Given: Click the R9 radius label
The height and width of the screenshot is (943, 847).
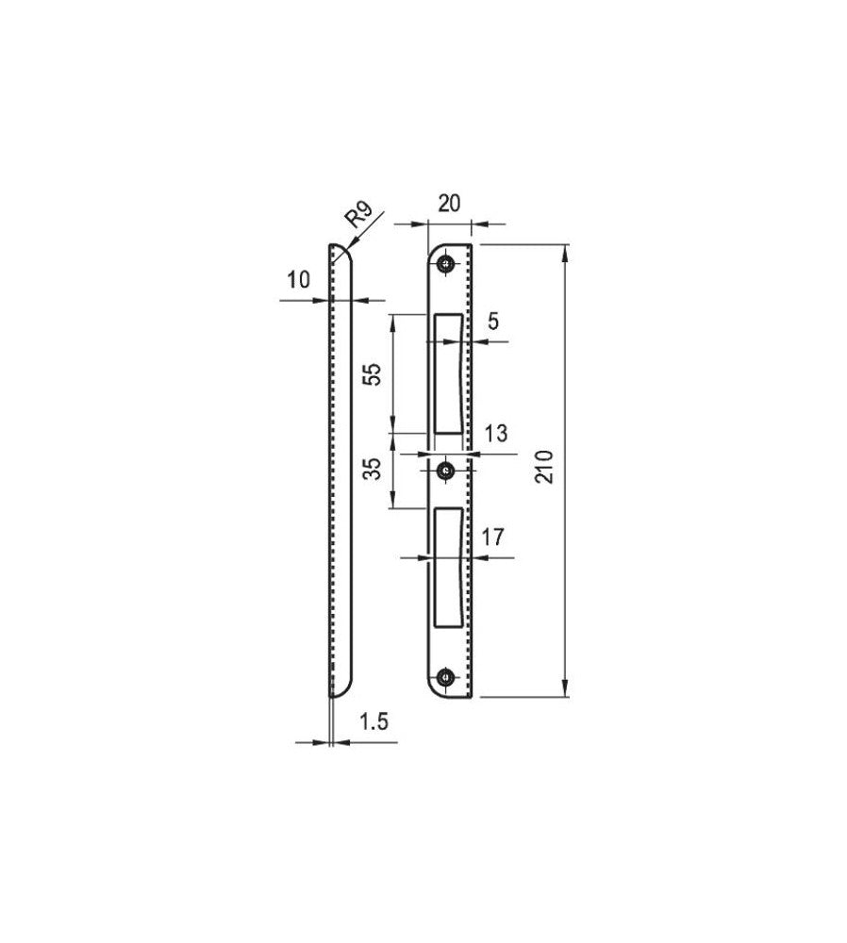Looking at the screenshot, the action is pyautogui.click(x=358, y=215).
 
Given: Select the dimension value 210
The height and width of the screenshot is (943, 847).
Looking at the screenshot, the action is pyautogui.click(x=544, y=467).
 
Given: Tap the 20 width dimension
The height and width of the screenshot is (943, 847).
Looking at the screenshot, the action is pyautogui.click(x=449, y=204).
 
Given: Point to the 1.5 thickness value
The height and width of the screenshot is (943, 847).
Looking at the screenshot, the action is pyautogui.click(x=374, y=721).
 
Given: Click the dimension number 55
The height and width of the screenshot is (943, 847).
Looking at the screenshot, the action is pyautogui.click(x=373, y=374).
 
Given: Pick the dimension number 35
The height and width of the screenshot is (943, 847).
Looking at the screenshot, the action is pyautogui.click(x=373, y=469).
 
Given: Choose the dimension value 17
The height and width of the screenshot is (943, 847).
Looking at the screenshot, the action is pyautogui.click(x=492, y=538).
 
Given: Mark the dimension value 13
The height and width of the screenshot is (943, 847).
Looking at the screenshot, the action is pyautogui.click(x=496, y=433).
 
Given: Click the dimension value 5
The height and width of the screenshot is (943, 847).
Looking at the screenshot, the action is pyautogui.click(x=493, y=322).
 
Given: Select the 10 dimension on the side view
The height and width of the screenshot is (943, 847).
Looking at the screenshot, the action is pyautogui.click(x=298, y=280).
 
